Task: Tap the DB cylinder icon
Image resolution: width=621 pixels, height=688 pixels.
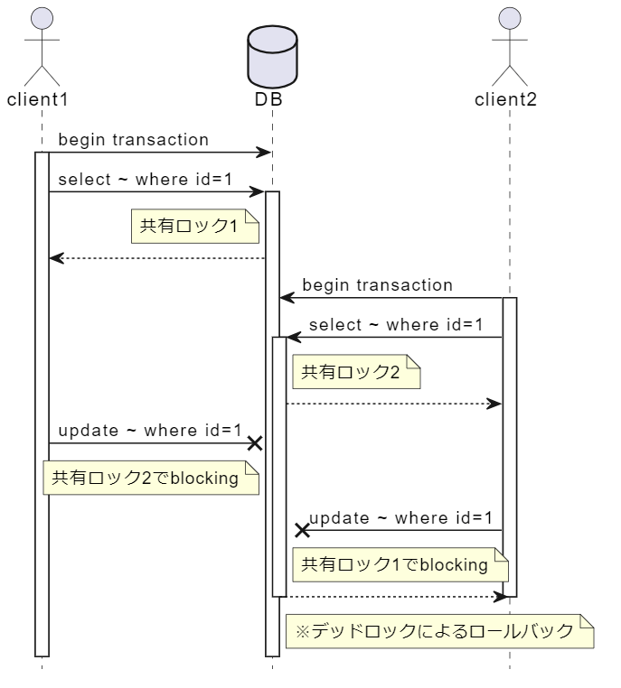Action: [x=272, y=54]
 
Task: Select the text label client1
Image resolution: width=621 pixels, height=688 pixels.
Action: [x=38, y=99]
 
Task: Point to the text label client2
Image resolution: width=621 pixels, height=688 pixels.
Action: [x=505, y=99]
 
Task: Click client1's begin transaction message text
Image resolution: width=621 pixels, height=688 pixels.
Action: [x=133, y=140]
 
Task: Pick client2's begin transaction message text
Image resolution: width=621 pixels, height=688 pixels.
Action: [x=377, y=285]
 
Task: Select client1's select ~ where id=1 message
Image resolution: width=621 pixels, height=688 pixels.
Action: [x=145, y=179]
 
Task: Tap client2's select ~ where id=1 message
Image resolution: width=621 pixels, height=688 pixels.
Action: [x=396, y=324]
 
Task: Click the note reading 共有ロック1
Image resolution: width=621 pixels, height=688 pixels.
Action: [x=195, y=226]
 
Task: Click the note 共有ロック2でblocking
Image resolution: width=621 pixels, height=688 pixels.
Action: [x=151, y=478]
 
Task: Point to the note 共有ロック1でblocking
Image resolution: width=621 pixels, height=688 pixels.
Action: [x=399, y=565]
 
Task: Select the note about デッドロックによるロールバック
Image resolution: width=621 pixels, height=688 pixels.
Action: [x=439, y=631]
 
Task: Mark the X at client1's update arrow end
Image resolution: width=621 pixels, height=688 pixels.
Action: [x=256, y=443]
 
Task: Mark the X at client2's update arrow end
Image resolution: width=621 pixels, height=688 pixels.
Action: [x=303, y=531]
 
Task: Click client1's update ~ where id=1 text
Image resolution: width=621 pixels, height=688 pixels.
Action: [x=150, y=431]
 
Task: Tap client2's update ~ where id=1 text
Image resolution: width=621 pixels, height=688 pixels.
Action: [x=400, y=518]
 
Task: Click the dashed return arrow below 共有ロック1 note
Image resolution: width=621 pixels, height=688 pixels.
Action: [x=157, y=258]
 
